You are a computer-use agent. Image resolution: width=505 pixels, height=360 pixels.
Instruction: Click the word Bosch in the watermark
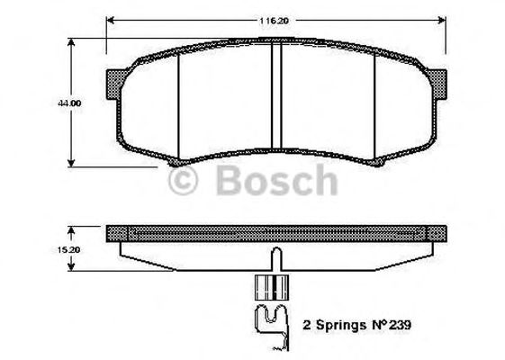click(x=277, y=182)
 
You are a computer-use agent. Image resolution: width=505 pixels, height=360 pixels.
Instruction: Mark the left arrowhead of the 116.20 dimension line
click(x=110, y=18)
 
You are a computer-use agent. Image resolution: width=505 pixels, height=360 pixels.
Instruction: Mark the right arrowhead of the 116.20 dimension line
click(x=444, y=18)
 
